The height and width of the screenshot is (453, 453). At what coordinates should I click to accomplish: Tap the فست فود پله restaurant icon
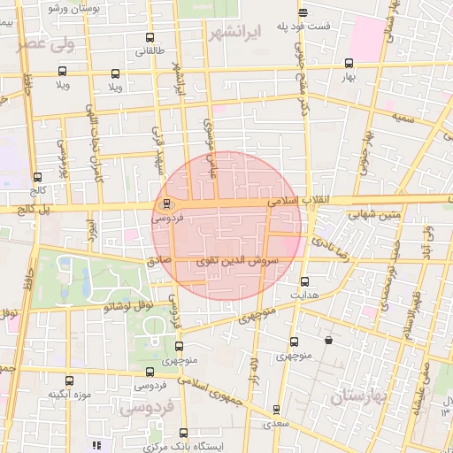(303, 12)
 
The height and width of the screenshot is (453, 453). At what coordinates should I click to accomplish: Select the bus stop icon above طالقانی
(148, 38)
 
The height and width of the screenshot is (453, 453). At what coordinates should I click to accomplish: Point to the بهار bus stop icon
(349, 64)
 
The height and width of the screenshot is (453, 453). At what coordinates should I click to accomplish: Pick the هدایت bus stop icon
(305, 281)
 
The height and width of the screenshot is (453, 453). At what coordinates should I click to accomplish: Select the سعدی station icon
(277, 410)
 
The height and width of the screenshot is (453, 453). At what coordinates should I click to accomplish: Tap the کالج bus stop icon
(36, 177)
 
